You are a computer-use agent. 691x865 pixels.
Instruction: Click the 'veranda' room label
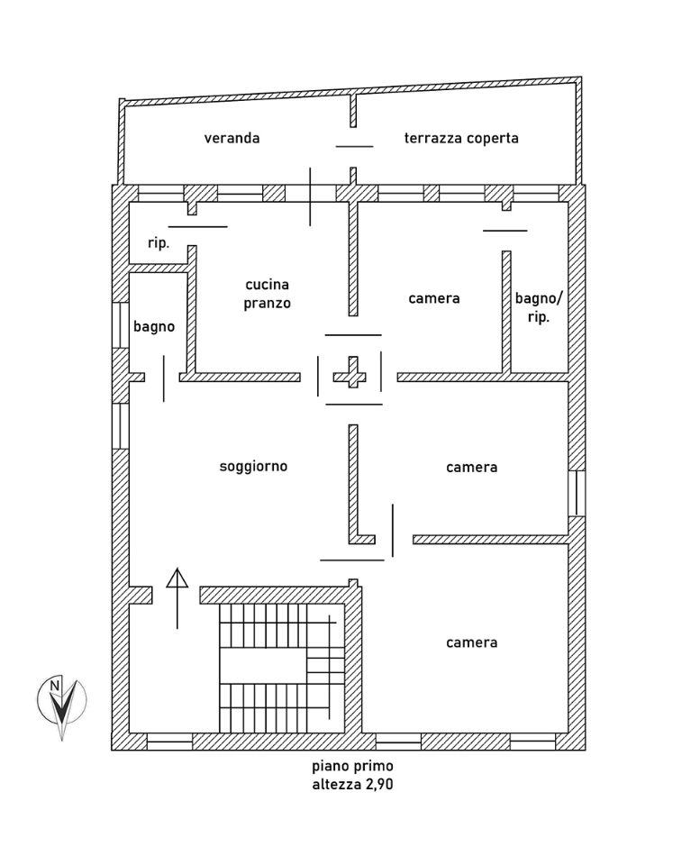232,138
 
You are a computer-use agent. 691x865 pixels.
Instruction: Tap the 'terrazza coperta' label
461,138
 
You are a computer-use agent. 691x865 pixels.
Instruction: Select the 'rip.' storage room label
159,242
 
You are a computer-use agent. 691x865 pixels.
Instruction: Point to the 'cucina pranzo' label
268,294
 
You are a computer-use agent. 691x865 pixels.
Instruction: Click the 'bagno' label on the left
154,326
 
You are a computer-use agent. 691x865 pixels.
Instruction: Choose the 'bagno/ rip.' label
539,307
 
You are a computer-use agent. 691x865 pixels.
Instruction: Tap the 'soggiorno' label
253,466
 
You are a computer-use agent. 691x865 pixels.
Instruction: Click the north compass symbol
61,703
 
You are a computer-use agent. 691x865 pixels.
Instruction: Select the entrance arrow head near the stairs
177,578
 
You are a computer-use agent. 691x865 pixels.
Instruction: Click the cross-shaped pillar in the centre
350,375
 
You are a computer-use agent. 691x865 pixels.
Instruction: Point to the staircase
281,668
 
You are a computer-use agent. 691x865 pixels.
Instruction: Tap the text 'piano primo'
352,766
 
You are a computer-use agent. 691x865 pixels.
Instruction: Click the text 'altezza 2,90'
352,785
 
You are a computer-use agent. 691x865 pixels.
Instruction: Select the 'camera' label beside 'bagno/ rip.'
434,298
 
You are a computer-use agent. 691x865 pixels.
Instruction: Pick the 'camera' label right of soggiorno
471,467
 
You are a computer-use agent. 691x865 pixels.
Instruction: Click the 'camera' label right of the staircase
471,642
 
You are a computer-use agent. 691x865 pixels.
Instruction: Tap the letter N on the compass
55,686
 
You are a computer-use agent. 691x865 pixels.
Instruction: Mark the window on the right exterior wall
577,493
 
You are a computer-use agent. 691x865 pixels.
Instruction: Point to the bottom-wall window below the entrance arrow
169,742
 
